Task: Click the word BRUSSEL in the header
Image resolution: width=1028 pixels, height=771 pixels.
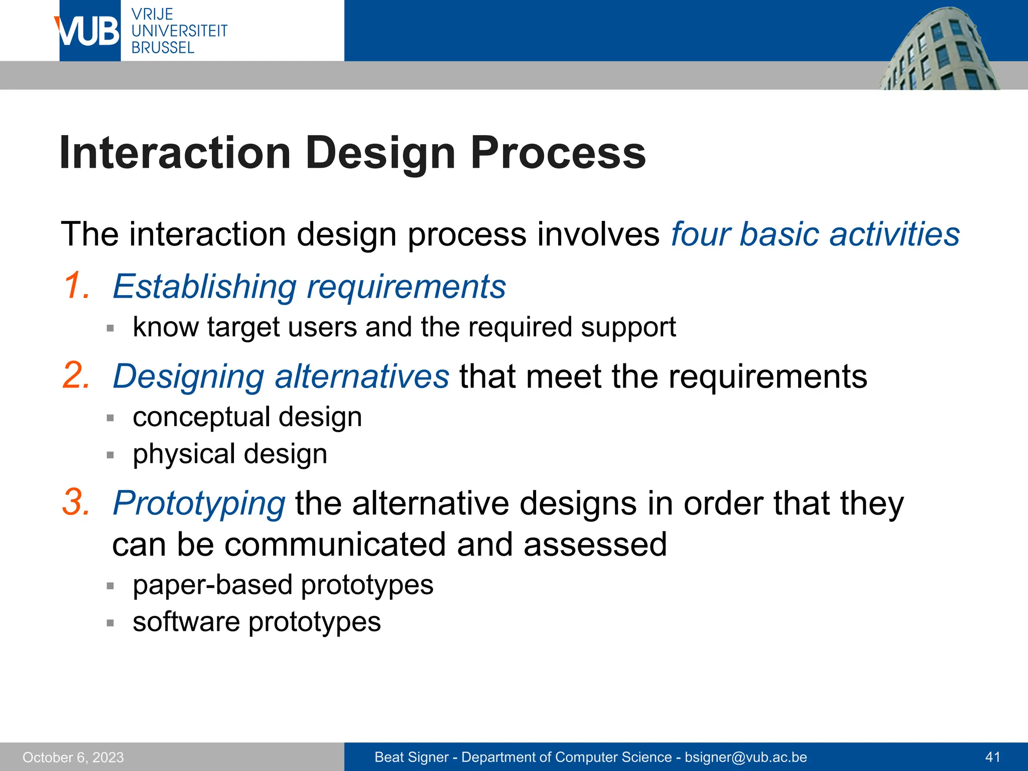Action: (x=163, y=48)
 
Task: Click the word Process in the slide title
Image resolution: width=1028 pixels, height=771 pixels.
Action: (x=558, y=153)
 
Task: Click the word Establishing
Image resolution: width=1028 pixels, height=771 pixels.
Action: (x=205, y=287)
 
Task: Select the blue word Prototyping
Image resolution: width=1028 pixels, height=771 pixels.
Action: (x=199, y=503)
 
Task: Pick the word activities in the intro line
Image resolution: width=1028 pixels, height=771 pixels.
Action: (x=894, y=234)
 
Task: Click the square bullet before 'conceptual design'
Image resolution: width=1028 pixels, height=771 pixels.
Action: (x=110, y=418)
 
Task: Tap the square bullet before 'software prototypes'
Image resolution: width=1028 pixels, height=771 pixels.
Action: (x=110, y=623)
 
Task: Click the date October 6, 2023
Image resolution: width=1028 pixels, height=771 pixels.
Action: (x=73, y=757)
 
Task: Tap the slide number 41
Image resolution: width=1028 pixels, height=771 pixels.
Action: (x=992, y=757)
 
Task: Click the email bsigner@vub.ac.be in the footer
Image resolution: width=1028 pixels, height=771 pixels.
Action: (x=745, y=757)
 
